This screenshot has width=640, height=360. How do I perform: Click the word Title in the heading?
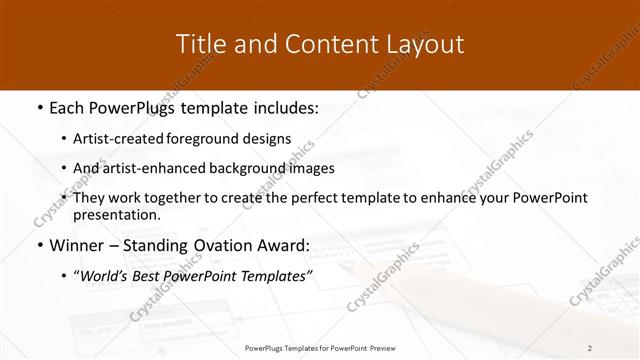pos(199,44)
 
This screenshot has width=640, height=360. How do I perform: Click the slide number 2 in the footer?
pos(590,348)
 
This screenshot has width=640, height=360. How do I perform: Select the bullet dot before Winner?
pos(39,245)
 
